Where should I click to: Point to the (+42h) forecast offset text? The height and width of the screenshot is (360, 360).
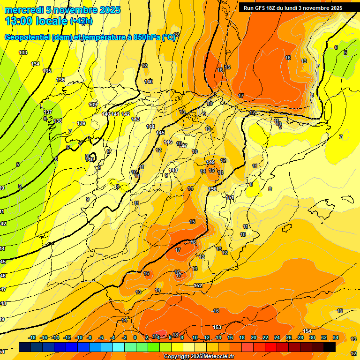[x=81, y=22]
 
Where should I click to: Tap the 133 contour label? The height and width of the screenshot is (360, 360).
[x=23, y=52]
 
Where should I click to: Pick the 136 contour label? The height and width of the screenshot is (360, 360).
[x=60, y=80]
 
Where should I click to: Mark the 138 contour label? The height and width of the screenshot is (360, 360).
[x=58, y=121]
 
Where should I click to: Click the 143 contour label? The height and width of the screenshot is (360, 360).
[x=135, y=119]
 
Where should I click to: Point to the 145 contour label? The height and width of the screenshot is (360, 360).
[x=160, y=133]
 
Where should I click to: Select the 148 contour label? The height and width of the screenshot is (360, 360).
[x=173, y=170]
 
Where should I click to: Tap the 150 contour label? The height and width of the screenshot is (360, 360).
[x=213, y=188]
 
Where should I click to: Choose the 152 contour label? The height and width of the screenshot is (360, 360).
[x=198, y=285]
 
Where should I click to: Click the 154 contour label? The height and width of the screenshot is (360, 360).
[x=307, y=331]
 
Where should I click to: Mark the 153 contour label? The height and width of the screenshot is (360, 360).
[x=217, y=327]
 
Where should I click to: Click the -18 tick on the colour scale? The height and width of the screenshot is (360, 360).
[x=32, y=337]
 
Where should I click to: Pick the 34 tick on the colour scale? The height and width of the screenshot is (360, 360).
[x=335, y=337]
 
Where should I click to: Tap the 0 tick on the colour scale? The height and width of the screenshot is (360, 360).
[x=135, y=337]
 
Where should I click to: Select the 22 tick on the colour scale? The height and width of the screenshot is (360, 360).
[x=265, y=337]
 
